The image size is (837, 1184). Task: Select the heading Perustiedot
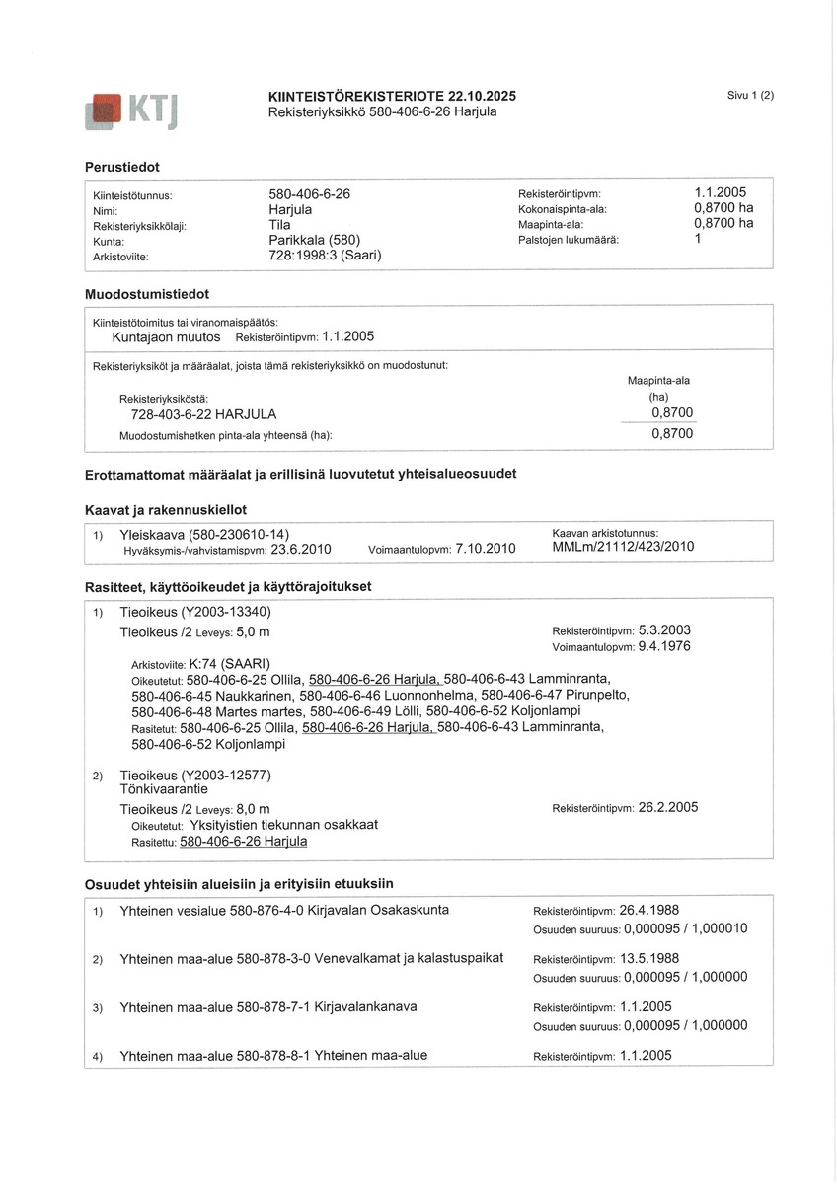coord(122,167)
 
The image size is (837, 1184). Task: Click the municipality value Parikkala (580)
coord(315,240)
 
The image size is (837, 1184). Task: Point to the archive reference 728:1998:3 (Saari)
coord(325,256)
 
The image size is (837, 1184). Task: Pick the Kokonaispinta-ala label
coord(562,209)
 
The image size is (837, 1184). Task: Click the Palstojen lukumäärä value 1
coord(698,239)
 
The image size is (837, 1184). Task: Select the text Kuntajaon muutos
coord(166,336)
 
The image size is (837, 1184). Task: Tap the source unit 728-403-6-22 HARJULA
coord(203,414)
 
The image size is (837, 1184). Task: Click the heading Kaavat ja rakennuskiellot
coord(166,510)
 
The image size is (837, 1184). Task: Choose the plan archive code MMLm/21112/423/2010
coord(623,547)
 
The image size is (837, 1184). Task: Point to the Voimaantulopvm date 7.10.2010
coord(486,549)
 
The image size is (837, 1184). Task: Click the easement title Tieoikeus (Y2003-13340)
coord(194,612)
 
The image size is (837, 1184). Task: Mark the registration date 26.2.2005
coord(668,807)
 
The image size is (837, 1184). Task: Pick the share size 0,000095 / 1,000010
coord(685,928)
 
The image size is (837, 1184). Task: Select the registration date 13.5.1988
coord(649,958)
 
